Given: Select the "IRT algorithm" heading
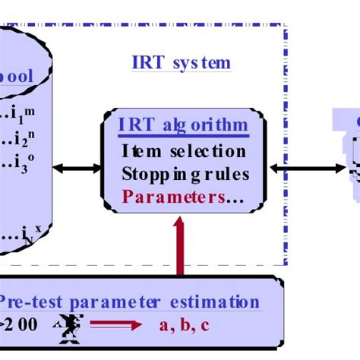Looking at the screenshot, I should pyautogui.click(x=182, y=125).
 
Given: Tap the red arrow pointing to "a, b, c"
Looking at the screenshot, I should pyautogui.click(x=117, y=327).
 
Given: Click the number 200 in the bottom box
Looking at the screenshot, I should pyautogui.click(x=21, y=326).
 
